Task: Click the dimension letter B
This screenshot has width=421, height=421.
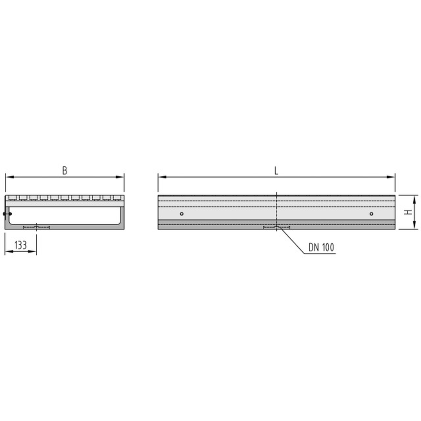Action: point(64,171)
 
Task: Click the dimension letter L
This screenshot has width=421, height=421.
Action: point(276,171)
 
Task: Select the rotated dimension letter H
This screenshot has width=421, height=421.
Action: point(408,212)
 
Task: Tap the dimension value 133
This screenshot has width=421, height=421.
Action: point(21,245)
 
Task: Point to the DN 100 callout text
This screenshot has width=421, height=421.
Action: point(321,247)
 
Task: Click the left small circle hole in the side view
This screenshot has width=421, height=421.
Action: point(182,214)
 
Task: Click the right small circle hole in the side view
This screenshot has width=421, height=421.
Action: point(371,214)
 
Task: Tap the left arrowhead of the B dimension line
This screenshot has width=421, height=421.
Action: point(10,177)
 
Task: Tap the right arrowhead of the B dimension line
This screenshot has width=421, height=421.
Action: point(120,177)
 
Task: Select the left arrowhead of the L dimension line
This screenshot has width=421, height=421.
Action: point(163,177)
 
